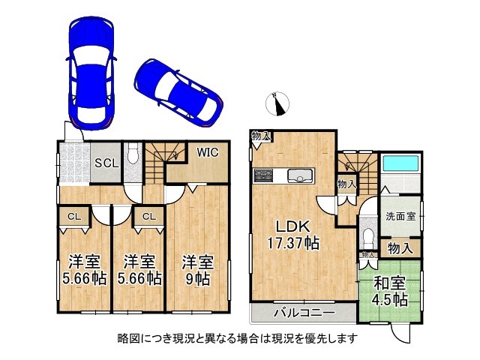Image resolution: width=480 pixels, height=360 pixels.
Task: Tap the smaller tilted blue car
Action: click(x=179, y=93)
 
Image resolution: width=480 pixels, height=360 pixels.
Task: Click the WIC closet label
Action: click(x=208, y=152)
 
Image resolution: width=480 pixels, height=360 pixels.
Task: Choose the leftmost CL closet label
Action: click(x=74, y=217)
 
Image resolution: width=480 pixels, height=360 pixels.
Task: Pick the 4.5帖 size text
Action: click(x=389, y=300)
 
